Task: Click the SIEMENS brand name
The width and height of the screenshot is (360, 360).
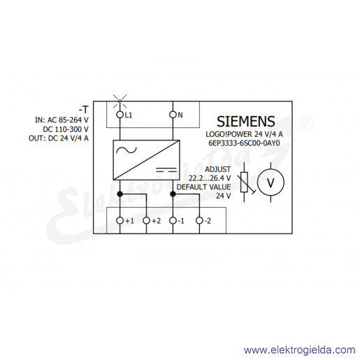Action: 246,122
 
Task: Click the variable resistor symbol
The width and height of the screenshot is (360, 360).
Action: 245,182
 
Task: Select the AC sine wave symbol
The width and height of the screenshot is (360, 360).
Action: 127,150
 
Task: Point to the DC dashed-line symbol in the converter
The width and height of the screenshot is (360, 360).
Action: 166,169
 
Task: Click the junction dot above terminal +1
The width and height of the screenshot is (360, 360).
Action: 120,194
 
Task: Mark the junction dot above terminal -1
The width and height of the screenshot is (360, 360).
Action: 173,194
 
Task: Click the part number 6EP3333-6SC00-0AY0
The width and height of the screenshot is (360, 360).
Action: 244,143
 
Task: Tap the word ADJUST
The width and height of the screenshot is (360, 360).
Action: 217,169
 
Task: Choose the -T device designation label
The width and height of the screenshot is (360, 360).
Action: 84,109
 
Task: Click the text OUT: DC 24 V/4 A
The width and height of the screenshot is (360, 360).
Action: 59,138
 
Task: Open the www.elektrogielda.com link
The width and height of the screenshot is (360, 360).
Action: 300,350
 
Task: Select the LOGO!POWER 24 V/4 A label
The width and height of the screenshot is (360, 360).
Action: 244,134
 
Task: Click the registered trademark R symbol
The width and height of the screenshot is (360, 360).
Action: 306,124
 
